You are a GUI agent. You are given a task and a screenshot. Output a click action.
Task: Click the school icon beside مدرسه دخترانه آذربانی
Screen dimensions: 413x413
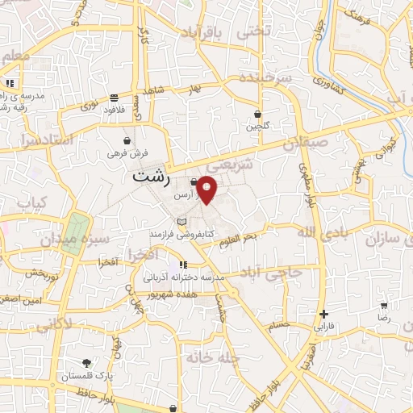point(184,265)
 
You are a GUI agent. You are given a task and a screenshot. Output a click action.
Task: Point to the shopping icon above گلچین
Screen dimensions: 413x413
point(257,114)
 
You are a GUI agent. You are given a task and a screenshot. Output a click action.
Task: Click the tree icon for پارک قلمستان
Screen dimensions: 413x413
point(86,363)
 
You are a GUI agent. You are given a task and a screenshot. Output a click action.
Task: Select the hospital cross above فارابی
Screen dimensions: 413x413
point(323,314)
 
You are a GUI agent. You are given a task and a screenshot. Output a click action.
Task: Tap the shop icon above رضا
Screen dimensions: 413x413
point(384,305)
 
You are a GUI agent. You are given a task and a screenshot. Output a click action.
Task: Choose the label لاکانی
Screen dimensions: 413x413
point(53,323)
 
